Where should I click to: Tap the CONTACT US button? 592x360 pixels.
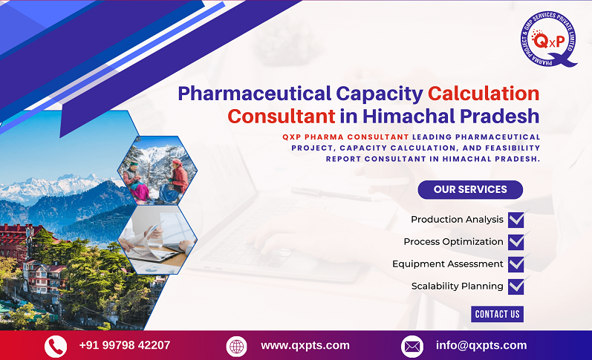point(497,314)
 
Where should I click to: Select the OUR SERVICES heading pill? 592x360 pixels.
point(469,189)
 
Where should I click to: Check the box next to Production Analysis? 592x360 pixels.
point(516,220)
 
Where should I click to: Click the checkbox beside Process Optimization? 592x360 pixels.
point(516,242)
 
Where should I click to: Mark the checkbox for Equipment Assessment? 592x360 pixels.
point(516,264)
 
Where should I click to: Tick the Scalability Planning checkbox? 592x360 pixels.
point(516,287)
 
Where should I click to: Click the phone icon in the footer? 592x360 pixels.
point(56,346)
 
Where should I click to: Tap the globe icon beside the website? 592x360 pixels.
point(236,346)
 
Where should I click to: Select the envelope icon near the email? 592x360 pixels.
point(412,346)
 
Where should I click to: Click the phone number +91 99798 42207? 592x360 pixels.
point(124,345)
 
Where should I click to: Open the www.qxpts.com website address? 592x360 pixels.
point(305,345)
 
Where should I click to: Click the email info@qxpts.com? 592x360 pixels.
point(481,345)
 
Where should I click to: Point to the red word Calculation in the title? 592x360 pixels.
point(484,94)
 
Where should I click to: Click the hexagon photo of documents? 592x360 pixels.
point(157,239)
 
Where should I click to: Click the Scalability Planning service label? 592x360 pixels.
point(457,286)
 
